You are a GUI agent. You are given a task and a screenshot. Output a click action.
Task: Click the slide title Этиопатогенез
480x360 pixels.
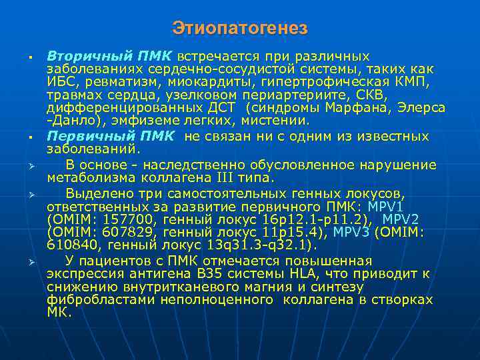[x=240, y=29]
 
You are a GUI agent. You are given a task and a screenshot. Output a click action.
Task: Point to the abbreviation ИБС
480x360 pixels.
[x=59, y=82]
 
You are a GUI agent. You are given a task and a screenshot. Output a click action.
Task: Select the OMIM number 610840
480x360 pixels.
[x=70, y=244]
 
